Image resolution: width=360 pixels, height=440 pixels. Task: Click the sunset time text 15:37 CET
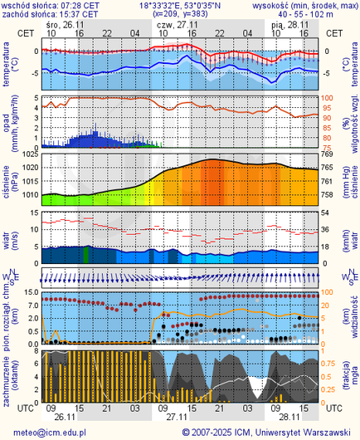pos(76,14)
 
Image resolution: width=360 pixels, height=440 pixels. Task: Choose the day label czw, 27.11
pos(173,25)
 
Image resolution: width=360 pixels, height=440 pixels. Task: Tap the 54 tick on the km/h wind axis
pos(326,213)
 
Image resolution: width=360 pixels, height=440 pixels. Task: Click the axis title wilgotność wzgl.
pos(351,121)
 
